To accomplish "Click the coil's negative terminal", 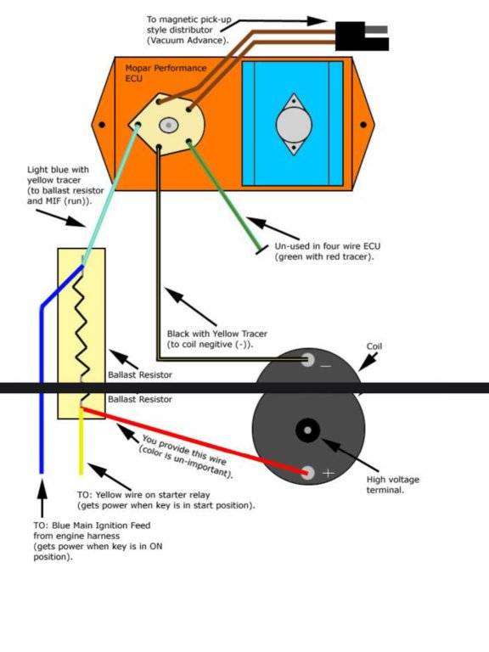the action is pos(307,360).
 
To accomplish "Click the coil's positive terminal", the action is pos(307,472).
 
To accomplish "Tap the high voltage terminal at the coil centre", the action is pos(307,430).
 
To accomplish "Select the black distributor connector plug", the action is pos(362,37).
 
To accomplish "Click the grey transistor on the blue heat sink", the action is pos(294,124).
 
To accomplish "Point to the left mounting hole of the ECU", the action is pos(102,124).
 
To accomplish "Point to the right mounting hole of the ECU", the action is pos(363,124).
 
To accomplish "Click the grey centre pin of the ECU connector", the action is pos(168,125).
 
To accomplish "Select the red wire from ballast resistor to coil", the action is pos(194,441).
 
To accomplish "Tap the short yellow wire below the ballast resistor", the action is pos(81,441).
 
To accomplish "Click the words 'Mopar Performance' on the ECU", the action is pos(166,68).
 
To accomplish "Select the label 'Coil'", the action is pos(374,346).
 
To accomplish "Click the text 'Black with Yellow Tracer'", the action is pos(217,334).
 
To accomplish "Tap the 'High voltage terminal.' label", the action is pos(392,485).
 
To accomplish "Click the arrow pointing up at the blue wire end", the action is pos(42,498).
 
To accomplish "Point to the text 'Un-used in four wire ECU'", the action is pos(327,245).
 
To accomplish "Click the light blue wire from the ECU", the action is pos(110,194).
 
